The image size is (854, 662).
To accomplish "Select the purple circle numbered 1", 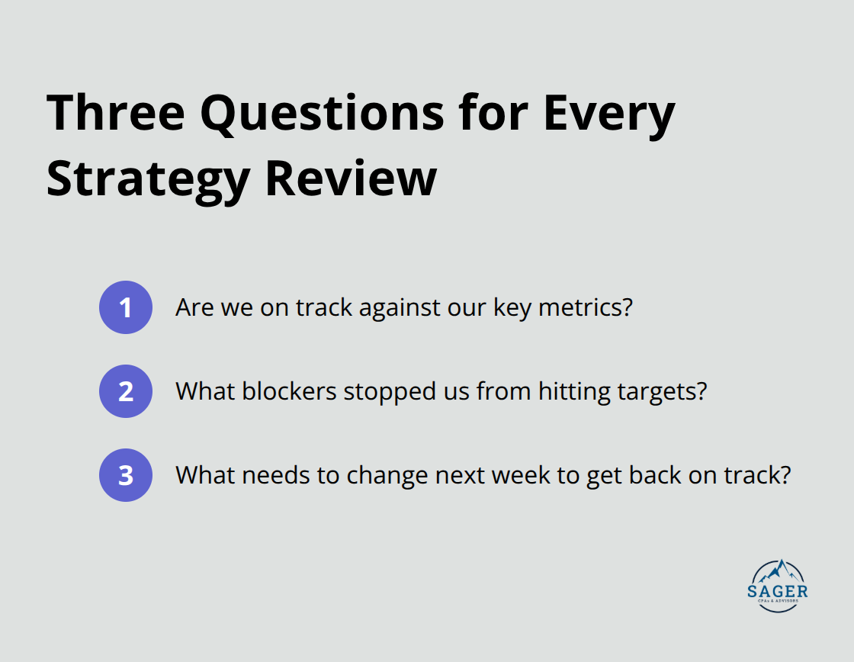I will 126,307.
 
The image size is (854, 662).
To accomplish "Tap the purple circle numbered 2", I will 126,391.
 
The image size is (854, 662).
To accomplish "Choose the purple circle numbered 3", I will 126,475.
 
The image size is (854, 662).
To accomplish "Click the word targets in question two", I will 656,391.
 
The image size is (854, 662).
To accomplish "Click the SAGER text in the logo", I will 779,591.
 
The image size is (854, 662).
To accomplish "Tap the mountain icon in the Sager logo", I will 779,571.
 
